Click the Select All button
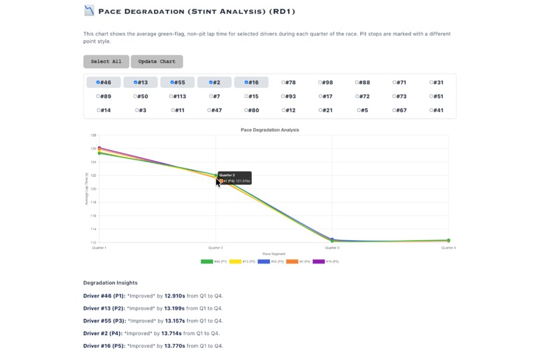click(x=106, y=62)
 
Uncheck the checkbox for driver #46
click(x=98, y=82)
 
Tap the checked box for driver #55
click(x=173, y=82)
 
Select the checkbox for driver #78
click(x=283, y=82)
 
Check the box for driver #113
click(x=173, y=97)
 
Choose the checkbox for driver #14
click(x=98, y=111)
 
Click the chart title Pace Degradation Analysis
click(x=269, y=130)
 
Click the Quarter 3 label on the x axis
click(x=332, y=247)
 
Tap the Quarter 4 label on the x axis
click(x=448, y=247)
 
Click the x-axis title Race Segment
click(x=273, y=254)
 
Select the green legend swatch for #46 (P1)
click(x=207, y=261)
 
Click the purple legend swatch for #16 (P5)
click(x=319, y=261)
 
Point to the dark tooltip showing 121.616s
click(x=234, y=178)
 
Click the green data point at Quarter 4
click(x=448, y=241)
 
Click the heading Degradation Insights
click(x=110, y=283)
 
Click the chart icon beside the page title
click(x=89, y=11)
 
